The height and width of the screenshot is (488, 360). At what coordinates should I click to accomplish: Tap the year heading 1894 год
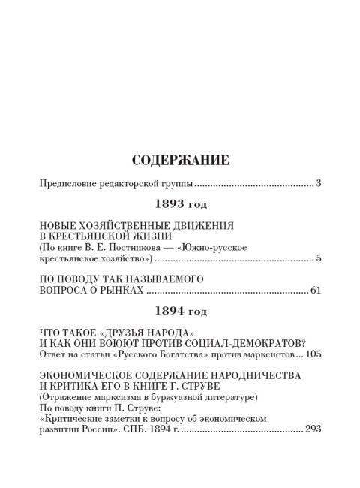click(180, 309)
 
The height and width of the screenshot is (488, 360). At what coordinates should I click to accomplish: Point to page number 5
click(318, 259)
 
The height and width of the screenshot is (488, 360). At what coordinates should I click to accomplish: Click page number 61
click(315, 290)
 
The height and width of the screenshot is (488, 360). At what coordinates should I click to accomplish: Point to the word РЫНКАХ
click(120, 290)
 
